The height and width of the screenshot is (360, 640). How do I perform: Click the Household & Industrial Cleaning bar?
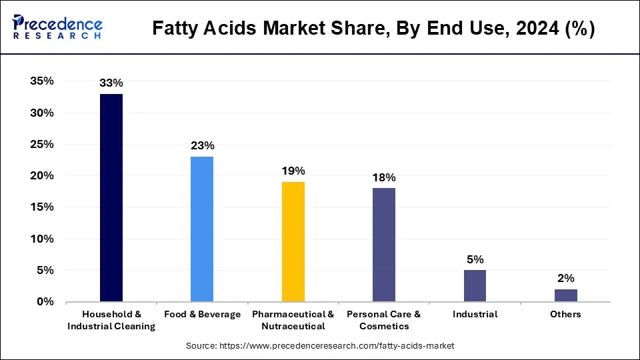click(x=111, y=198)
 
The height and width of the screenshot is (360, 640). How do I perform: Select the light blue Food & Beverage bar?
click(x=202, y=229)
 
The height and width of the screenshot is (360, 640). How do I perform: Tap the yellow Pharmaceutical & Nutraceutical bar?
click(x=293, y=242)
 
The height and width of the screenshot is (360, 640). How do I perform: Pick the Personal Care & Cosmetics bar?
click(x=384, y=245)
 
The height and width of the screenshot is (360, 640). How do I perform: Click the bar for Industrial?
click(x=475, y=286)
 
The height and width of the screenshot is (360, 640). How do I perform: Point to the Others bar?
click(x=566, y=295)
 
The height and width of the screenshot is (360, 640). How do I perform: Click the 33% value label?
click(x=111, y=83)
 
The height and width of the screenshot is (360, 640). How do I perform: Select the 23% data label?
click(x=202, y=145)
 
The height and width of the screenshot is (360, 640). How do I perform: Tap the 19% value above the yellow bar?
click(x=293, y=171)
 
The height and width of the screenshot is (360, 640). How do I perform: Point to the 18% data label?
click(x=384, y=177)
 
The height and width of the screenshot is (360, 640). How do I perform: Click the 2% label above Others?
click(x=566, y=278)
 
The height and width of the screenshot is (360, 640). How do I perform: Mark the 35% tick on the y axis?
click(x=41, y=81)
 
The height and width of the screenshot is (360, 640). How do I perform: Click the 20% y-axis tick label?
click(x=41, y=176)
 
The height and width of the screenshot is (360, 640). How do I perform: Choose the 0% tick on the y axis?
click(x=45, y=302)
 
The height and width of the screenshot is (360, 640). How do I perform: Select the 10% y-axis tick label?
click(x=41, y=239)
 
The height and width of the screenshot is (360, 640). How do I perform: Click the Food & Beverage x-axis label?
click(x=202, y=315)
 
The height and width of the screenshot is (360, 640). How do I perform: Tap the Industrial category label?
click(x=475, y=315)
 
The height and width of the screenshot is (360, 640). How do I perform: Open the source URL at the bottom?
click(x=320, y=346)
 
